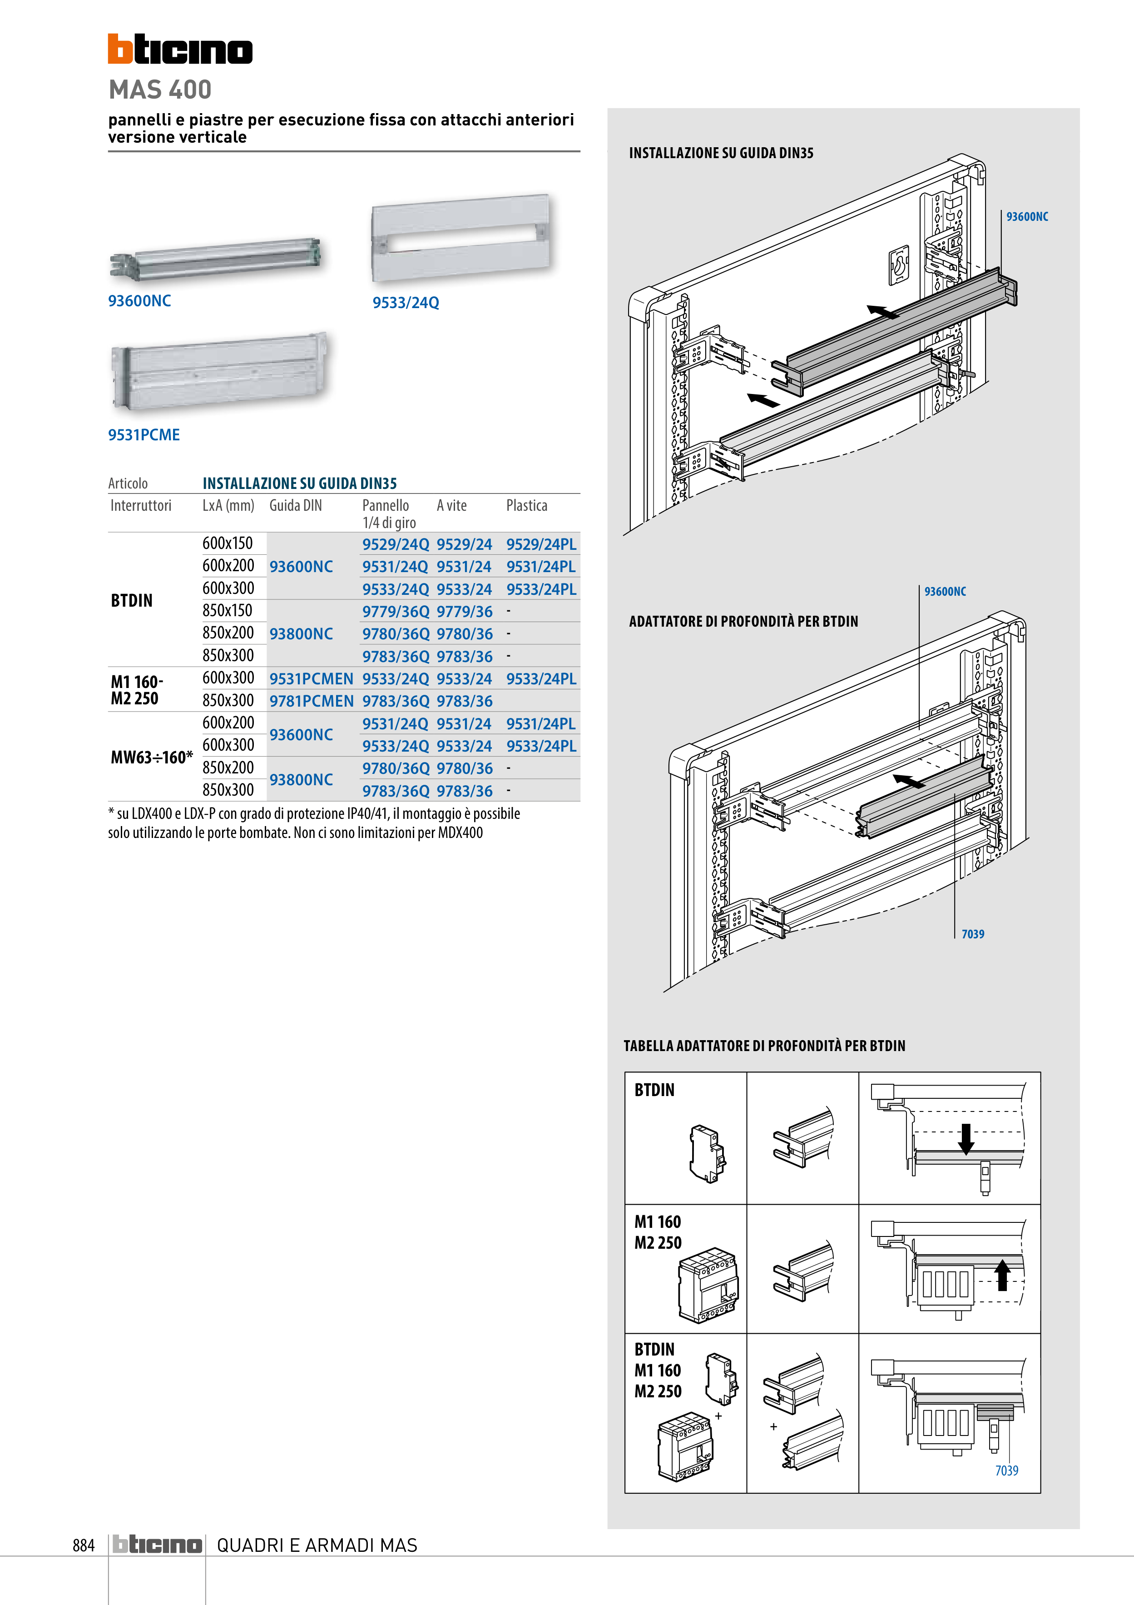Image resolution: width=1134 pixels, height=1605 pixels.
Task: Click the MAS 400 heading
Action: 160,90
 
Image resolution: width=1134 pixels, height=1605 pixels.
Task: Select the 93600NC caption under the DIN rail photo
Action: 139,300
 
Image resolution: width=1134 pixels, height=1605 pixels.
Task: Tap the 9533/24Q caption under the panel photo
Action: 405,303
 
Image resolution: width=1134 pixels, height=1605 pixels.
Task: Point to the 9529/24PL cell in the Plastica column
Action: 541,544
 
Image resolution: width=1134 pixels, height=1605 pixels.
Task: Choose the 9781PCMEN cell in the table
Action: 311,700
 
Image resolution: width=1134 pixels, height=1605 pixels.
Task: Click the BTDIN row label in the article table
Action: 131,600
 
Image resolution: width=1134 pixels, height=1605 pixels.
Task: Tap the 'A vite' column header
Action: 451,505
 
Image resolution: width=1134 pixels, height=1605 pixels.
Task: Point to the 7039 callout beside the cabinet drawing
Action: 973,934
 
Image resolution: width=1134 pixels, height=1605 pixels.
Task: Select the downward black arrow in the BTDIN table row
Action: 966,1138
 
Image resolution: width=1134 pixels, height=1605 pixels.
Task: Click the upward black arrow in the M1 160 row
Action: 1002,1274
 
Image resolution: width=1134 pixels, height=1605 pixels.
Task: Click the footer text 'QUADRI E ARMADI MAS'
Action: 317,1545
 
